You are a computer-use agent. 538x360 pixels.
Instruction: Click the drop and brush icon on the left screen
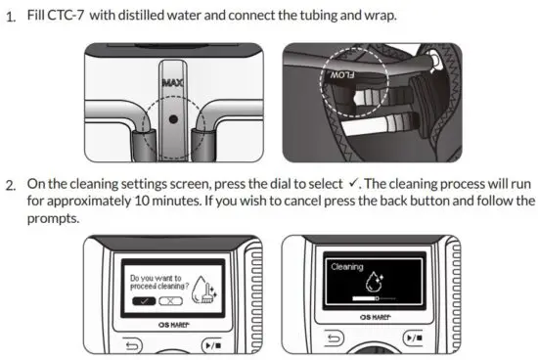pyautogui.click(x=203, y=287)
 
